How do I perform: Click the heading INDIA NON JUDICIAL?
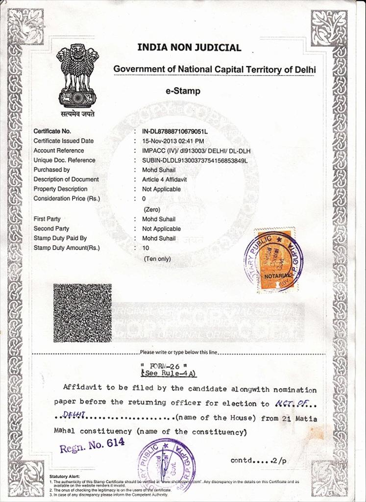coord(189,48)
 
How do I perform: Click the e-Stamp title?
coord(183,91)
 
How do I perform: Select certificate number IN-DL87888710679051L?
coord(175,131)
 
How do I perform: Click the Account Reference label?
coord(58,151)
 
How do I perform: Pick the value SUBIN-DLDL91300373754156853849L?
coord(195,160)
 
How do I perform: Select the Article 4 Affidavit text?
coord(164,179)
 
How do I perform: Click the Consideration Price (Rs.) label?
coord(66,199)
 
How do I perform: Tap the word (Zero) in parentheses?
coord(152,209)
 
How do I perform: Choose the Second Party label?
coord(51,228)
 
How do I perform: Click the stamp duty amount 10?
coord(146,248)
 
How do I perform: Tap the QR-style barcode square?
coord(82,312)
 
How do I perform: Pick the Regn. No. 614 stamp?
coord(92,445)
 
